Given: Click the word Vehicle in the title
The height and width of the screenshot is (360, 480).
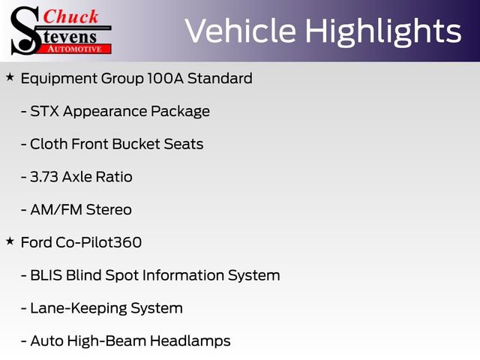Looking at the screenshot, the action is tap(241, 31).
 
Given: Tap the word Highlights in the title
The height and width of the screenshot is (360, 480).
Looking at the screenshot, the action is tap(383, 32).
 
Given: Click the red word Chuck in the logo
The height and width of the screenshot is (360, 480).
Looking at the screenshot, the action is tap(70, 16).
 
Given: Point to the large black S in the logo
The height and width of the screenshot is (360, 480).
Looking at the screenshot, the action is tap(25, 31).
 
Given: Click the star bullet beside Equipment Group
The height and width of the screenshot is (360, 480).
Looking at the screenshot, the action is tap(10, 77).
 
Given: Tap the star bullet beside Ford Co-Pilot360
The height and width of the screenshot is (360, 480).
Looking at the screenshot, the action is tap(10, 241).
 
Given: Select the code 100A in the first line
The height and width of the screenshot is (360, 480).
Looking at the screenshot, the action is tap(165, 78).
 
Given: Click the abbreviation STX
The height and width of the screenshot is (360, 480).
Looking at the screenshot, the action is tap(45, 111).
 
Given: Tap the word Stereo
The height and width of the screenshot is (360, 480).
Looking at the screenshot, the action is tap(109, 210).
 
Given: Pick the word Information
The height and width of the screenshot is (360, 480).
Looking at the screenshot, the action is tap(183, 275).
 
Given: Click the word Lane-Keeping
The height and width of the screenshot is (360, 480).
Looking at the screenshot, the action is tap(78, 308).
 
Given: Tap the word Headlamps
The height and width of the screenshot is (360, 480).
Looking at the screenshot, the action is tap(190, 341).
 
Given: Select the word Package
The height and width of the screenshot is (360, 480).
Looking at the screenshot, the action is tap(180, 112).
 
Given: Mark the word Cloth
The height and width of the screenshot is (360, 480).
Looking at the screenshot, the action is tap(49, 144).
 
